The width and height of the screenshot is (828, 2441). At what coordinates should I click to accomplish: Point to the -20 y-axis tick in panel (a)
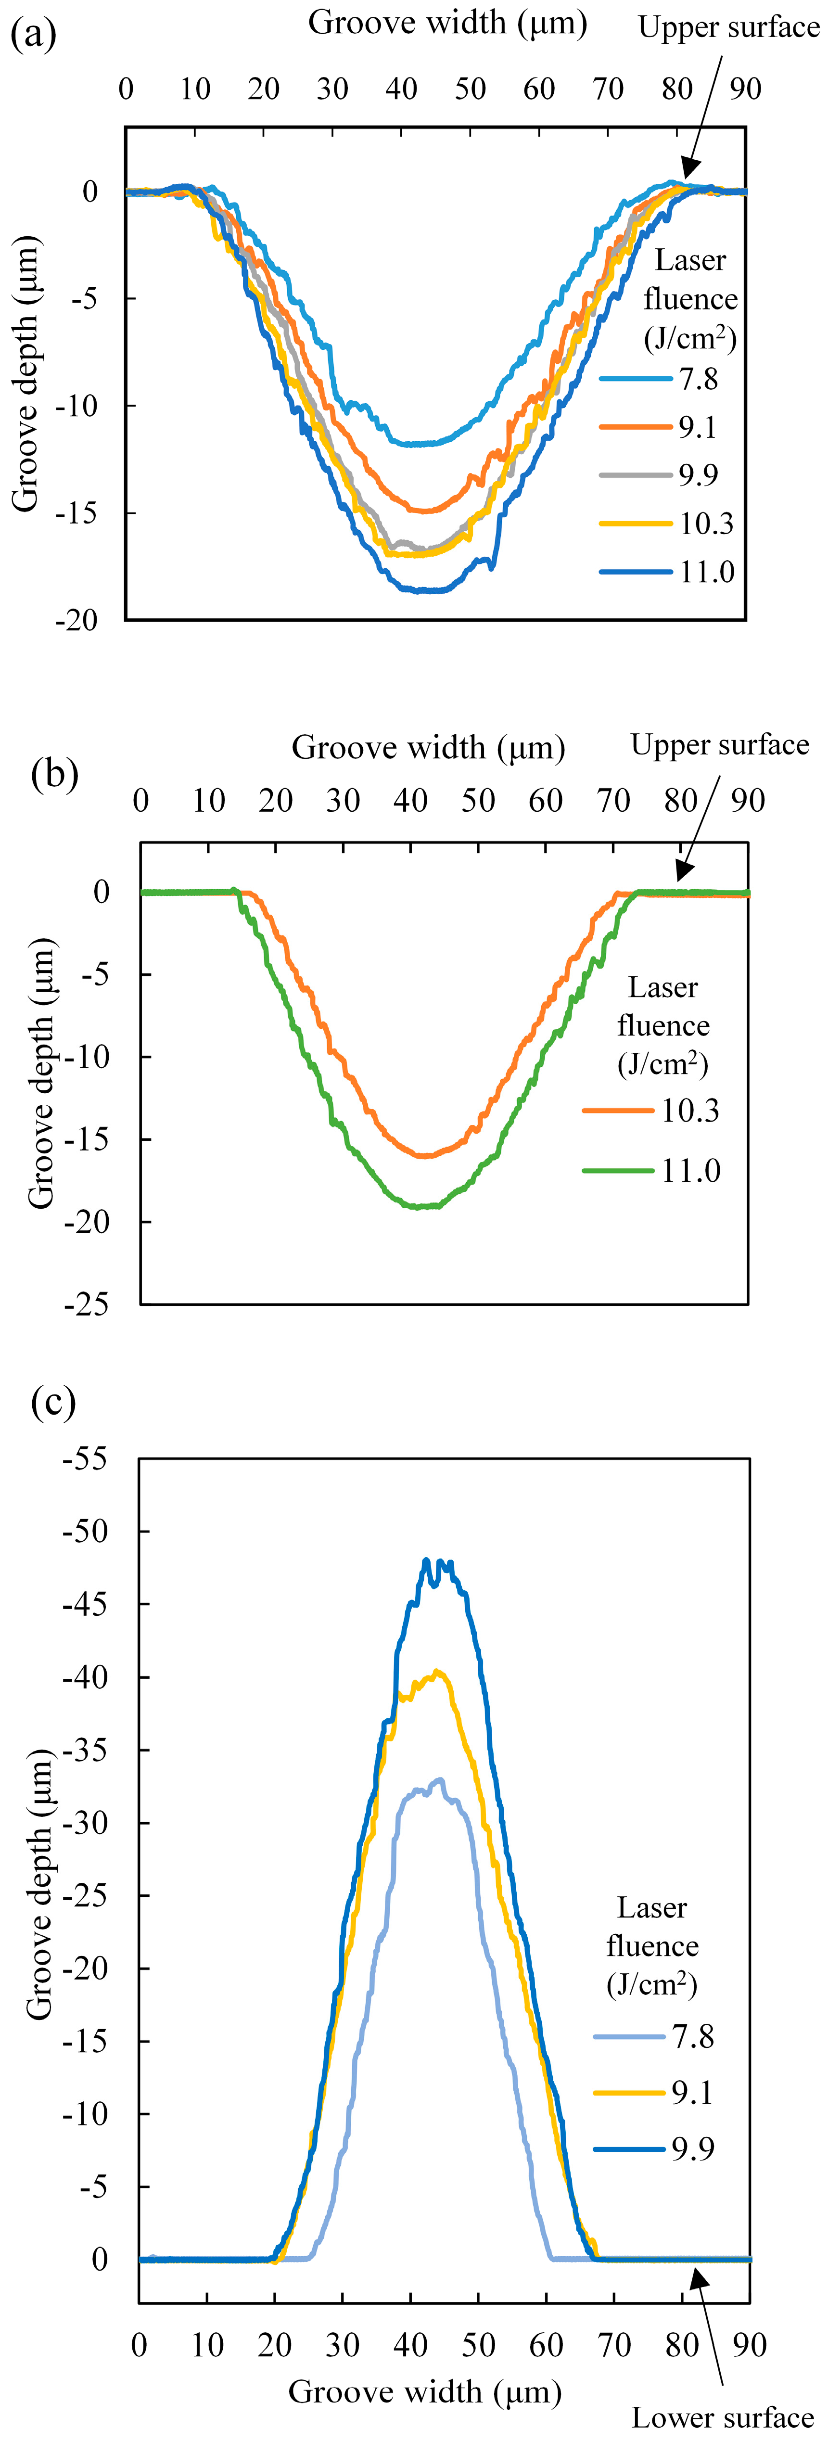tap(76, 620)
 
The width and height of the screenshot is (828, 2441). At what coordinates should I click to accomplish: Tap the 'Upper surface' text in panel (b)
tap(720, 745)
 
